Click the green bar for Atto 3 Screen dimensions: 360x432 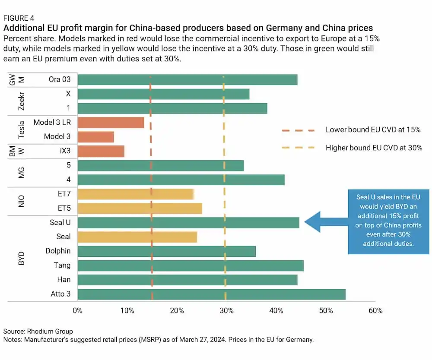pos(211,294)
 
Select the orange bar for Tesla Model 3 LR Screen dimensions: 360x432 pos(111,122)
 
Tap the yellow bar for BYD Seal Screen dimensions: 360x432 pos(137,237)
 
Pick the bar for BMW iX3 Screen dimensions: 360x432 pos(101,151)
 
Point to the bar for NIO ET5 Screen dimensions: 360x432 pos(140,208)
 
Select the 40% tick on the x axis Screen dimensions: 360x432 pos(276,310)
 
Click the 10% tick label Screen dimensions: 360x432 pos(127,310)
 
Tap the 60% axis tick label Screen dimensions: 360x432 pos(375,310)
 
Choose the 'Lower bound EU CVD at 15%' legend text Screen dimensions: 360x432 pos(373,130)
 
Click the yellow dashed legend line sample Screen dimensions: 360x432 pos(298,148)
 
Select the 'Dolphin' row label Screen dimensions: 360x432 pos(58,251)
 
